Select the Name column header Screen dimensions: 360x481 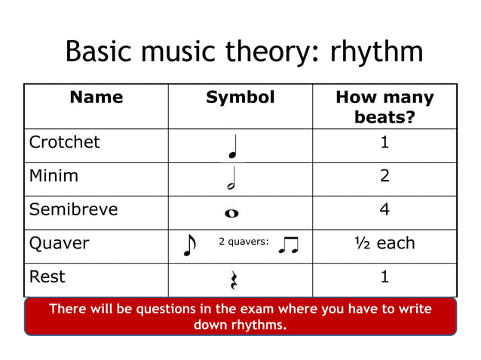pos(96,97)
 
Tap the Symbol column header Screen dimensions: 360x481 pos(240,97)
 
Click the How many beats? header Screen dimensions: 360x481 pos(384,107)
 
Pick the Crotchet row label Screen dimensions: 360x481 pos(64,142)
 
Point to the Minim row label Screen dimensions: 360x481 pos(54,176)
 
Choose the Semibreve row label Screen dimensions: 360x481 pos(73,209)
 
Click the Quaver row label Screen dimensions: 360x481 pos(59,243)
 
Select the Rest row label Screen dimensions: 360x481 pos(47,276)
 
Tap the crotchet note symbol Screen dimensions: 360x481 pos(234,148)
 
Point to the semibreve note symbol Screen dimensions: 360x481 pos(231,213)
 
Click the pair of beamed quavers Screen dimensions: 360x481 pos(288,245)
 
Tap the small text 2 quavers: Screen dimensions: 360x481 pos(244,243)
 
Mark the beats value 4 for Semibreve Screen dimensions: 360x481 pos(384,209)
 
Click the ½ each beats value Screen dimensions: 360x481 pos(384,243)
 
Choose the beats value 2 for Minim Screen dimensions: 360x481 pos(384,176)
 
